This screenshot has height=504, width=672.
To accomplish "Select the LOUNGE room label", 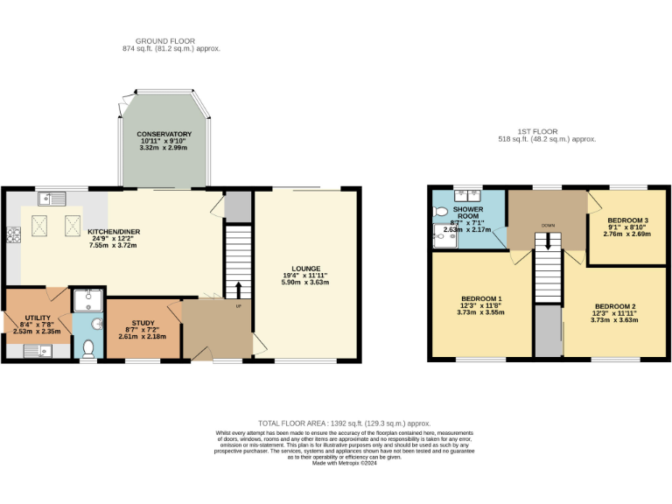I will [305, 269].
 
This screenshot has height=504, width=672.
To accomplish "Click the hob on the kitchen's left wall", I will [12, 234].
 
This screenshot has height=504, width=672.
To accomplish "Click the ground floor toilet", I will [87, 349].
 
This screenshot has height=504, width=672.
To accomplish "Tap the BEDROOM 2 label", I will [613, 306].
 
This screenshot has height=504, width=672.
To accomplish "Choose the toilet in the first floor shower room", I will [440, 212].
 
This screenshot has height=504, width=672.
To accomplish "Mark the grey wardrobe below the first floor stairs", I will [549, 331].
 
